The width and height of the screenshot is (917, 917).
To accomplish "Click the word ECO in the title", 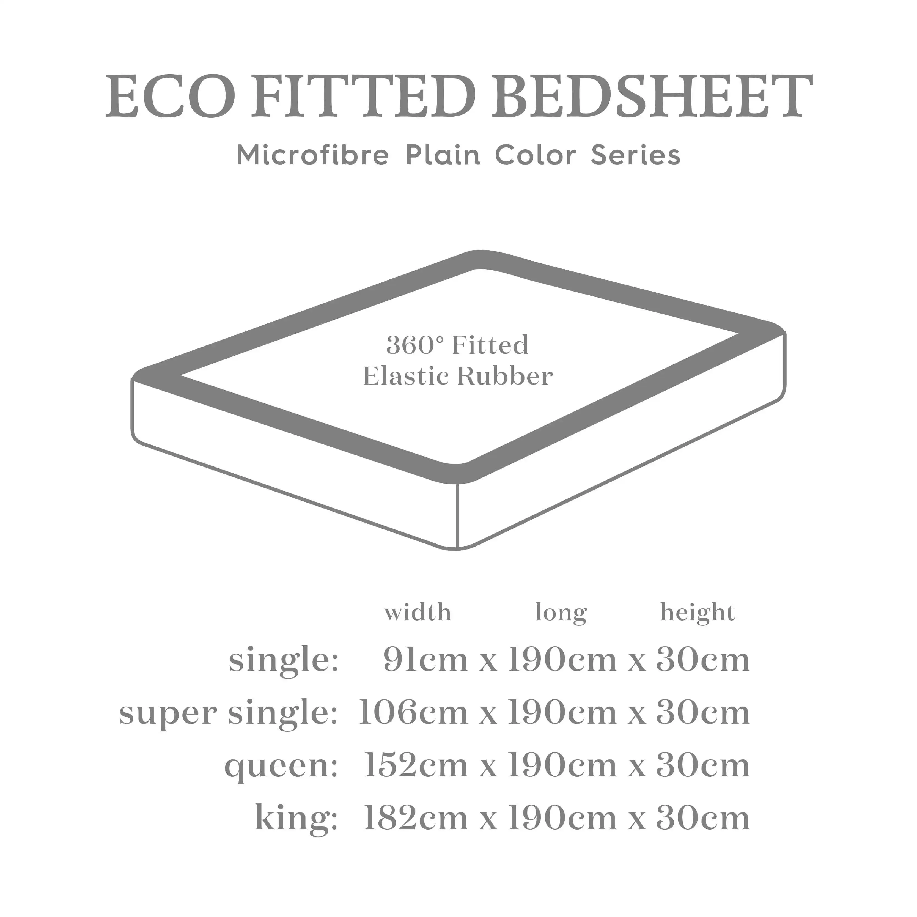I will click(170, 97).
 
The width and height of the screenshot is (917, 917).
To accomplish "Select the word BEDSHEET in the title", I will click(651, 97).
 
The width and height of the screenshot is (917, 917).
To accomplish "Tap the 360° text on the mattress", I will click(416, 345).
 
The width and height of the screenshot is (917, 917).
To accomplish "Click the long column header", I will click(561, 613).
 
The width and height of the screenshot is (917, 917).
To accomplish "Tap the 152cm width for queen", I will click(416, 766).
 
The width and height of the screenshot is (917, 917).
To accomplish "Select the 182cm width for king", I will click(416, 818).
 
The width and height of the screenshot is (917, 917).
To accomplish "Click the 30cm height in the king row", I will click(702, 818).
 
